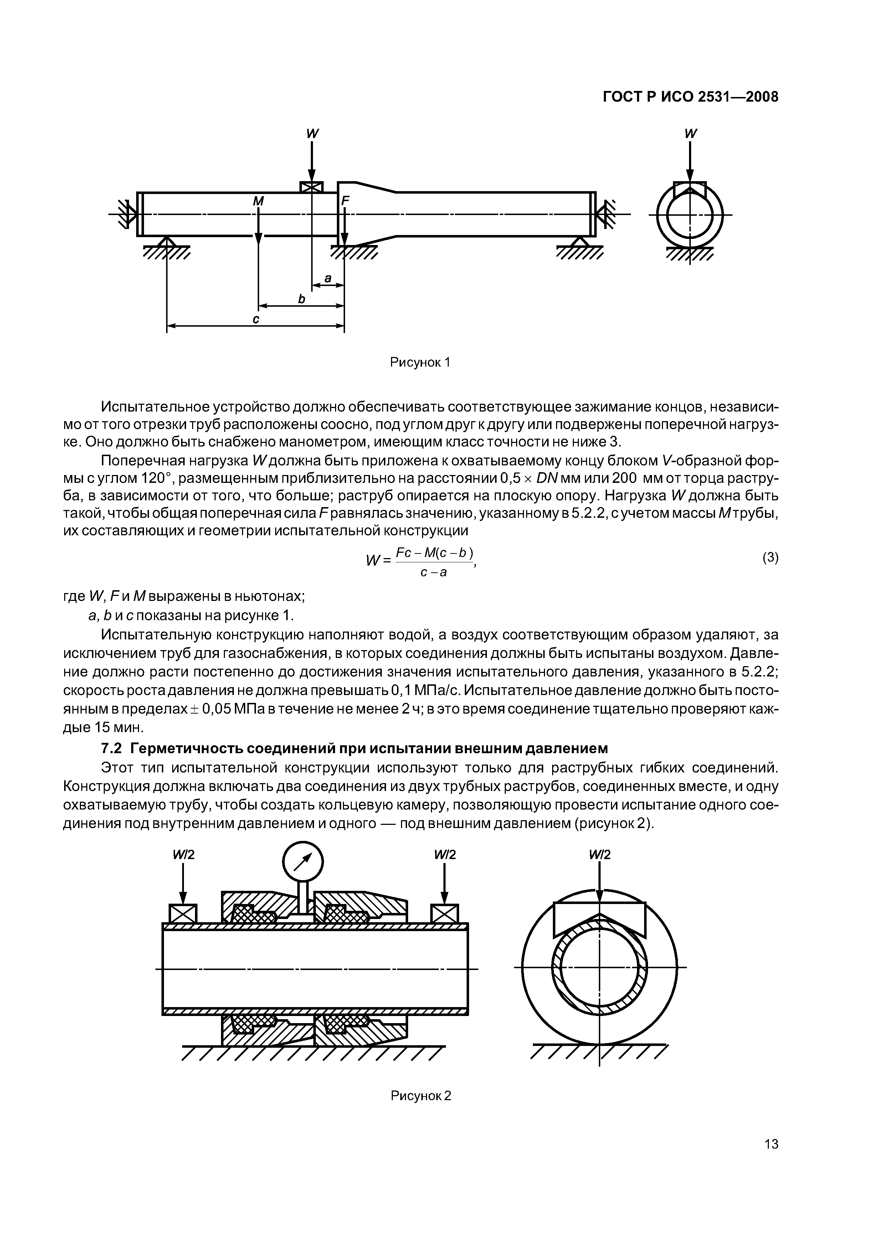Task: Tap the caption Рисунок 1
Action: click(x=420, y=362)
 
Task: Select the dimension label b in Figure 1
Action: click(x=301, y=299)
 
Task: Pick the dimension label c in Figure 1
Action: click(x=256, y=320)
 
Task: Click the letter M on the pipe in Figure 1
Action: click(x=258, y=201)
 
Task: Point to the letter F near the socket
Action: click(x=344, y=201)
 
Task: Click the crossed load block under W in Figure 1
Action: click(x=312, y=187)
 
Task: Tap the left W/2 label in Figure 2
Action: click(x=184, y=855)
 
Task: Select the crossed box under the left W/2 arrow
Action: click(x=183, y=913)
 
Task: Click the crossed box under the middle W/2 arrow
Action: click(x=444, y=913)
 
